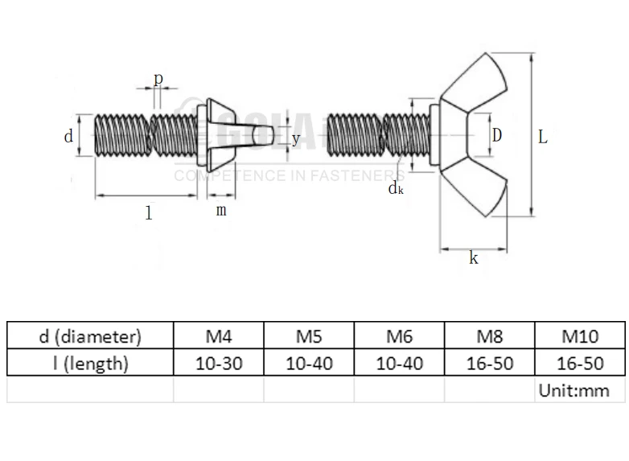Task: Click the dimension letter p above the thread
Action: (158, 79)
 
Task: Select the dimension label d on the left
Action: (68, 137)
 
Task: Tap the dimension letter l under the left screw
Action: (148, 213)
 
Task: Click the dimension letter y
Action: (296, 138)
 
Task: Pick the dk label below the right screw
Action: (395, 188)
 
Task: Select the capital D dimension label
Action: (497, 135)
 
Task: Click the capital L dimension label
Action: (543, 137)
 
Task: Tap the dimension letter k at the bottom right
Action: (473, 258)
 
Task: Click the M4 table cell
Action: (219, 335)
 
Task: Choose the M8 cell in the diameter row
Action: (490, 335)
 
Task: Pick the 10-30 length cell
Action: (219, 363)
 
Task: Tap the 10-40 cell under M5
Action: (309, 363)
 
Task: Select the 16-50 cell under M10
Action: (580, 363)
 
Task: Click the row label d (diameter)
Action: (90, 335)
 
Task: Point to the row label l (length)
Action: (90, 363)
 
